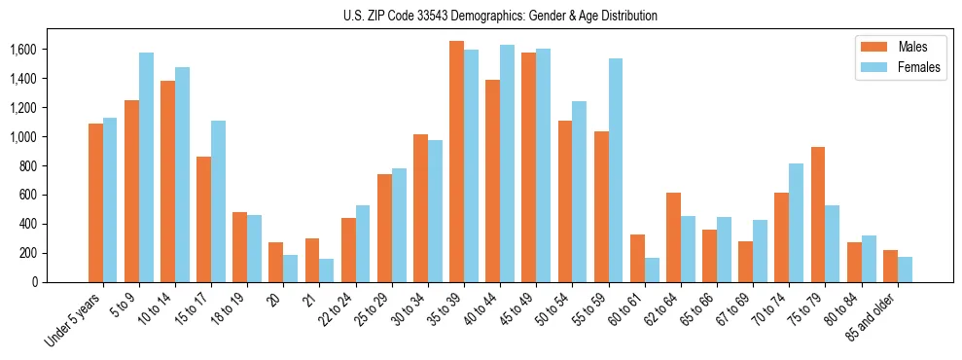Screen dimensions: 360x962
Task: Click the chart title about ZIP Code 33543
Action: pyautogui.click(x=500, y=16)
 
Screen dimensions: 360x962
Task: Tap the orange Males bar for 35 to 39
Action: pyautogui.click(x=456, y=162)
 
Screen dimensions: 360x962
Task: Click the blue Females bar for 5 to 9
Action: pyautogui.click(x=146, y=167)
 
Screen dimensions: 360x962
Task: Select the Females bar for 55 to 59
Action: pyautogui.click(x=616, y=170)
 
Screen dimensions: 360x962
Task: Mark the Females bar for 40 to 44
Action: pyautogui.click(x=507, y=163)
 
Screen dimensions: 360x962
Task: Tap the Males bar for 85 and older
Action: pyautogui.click(x=890, y=266)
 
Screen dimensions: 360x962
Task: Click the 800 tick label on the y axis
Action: pyautogui.click(x=27, y=166)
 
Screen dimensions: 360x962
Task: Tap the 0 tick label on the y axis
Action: pyautogui.click(x=35, y=282)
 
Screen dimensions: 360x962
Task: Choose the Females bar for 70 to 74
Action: pyautogui.click(x=796, y=223)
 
